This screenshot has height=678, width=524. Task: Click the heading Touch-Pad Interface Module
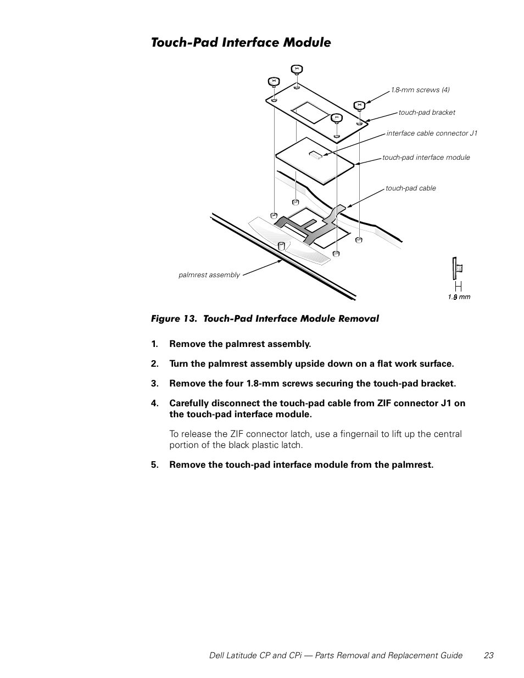[x=241, y=43]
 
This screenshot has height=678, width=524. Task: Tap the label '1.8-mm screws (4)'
[x=420, y=90]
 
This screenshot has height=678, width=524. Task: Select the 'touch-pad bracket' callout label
[x=427, y=113]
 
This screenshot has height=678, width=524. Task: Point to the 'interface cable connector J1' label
[x=432, y=133]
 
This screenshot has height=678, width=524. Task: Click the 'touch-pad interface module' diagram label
[x=426, y=158]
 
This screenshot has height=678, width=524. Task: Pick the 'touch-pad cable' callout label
[x=410, y=188]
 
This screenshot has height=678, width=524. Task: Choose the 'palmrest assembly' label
[x=209, y=275]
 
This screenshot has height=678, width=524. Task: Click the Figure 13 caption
[x=265, y=318]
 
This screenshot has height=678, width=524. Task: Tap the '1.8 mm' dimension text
[x=459, y=297]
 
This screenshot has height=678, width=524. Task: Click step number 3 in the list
[x=154, y=384]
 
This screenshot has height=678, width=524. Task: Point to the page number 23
[x=489, y=655]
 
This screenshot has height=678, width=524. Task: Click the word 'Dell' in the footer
[x=219, y=655]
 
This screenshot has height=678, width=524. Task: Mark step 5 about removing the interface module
[x=301, y=465]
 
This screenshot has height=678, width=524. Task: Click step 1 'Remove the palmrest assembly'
[x=239, y=344]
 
